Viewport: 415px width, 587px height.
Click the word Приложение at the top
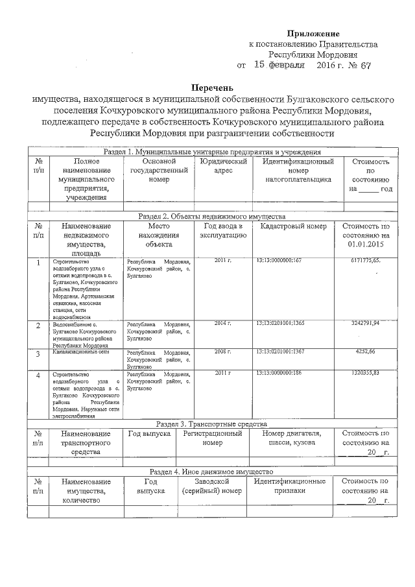tap(313, 33)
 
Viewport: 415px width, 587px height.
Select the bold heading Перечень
tap(212, 88)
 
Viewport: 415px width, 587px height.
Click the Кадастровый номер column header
tap(293, 226)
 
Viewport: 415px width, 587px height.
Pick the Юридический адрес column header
tap(223, 166)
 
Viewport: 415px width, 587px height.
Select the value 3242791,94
tap(364, 322)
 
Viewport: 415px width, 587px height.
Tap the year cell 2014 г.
tap(223, 322)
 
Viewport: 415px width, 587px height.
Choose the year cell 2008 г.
tap(223, 351)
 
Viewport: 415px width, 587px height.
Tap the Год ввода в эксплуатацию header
tap(223, 230)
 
